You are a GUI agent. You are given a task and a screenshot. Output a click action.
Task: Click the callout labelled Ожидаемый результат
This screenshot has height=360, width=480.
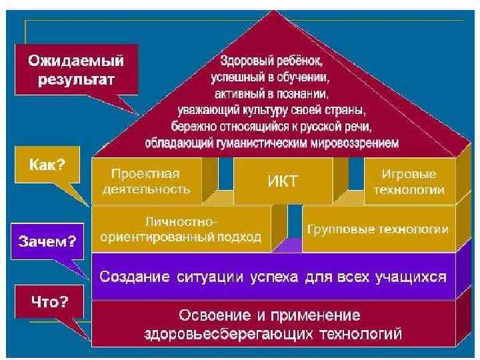[75, 71]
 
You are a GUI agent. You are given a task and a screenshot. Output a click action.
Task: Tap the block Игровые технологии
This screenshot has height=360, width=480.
[409, 181]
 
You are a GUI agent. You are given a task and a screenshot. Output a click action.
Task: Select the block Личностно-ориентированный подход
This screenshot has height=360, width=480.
[180, 229]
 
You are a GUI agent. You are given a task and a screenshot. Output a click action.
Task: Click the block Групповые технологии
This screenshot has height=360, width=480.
[377, 229]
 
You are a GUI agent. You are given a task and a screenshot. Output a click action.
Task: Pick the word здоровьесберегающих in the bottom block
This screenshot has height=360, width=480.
[222, 331]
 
